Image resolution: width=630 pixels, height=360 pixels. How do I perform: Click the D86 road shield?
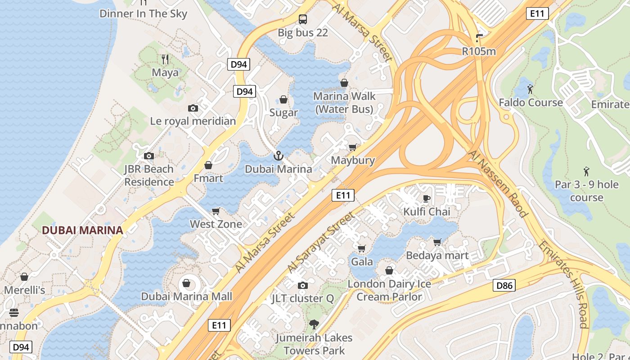504,285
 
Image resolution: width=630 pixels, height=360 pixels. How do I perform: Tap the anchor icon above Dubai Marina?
279,156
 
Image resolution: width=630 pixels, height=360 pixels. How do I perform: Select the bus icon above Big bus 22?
303,19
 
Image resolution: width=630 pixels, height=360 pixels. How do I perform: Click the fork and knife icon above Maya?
165,59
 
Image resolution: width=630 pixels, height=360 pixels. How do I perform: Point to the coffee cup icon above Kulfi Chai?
427,198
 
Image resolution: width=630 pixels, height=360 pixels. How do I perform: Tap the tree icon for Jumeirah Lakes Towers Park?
314,324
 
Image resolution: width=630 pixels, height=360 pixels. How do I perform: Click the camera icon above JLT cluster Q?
303,285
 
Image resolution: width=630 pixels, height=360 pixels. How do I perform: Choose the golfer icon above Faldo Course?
530,89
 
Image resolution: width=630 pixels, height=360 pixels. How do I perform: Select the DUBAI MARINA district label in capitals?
82,230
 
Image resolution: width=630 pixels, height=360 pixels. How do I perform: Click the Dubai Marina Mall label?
187,296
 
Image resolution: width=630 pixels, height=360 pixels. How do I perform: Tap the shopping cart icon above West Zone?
216,211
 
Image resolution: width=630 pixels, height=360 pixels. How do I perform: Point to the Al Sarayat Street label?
321,243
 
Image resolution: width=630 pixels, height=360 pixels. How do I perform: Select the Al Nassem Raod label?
498,184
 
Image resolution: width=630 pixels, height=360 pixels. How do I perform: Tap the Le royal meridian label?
193,121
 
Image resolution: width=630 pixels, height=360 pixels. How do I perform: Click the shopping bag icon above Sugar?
283,99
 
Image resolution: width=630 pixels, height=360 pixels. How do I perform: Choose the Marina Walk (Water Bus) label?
344,103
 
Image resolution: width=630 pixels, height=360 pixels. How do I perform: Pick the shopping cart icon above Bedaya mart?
437,243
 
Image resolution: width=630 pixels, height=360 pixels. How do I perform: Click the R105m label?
479,51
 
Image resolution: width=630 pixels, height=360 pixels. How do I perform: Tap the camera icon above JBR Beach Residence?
149,156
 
